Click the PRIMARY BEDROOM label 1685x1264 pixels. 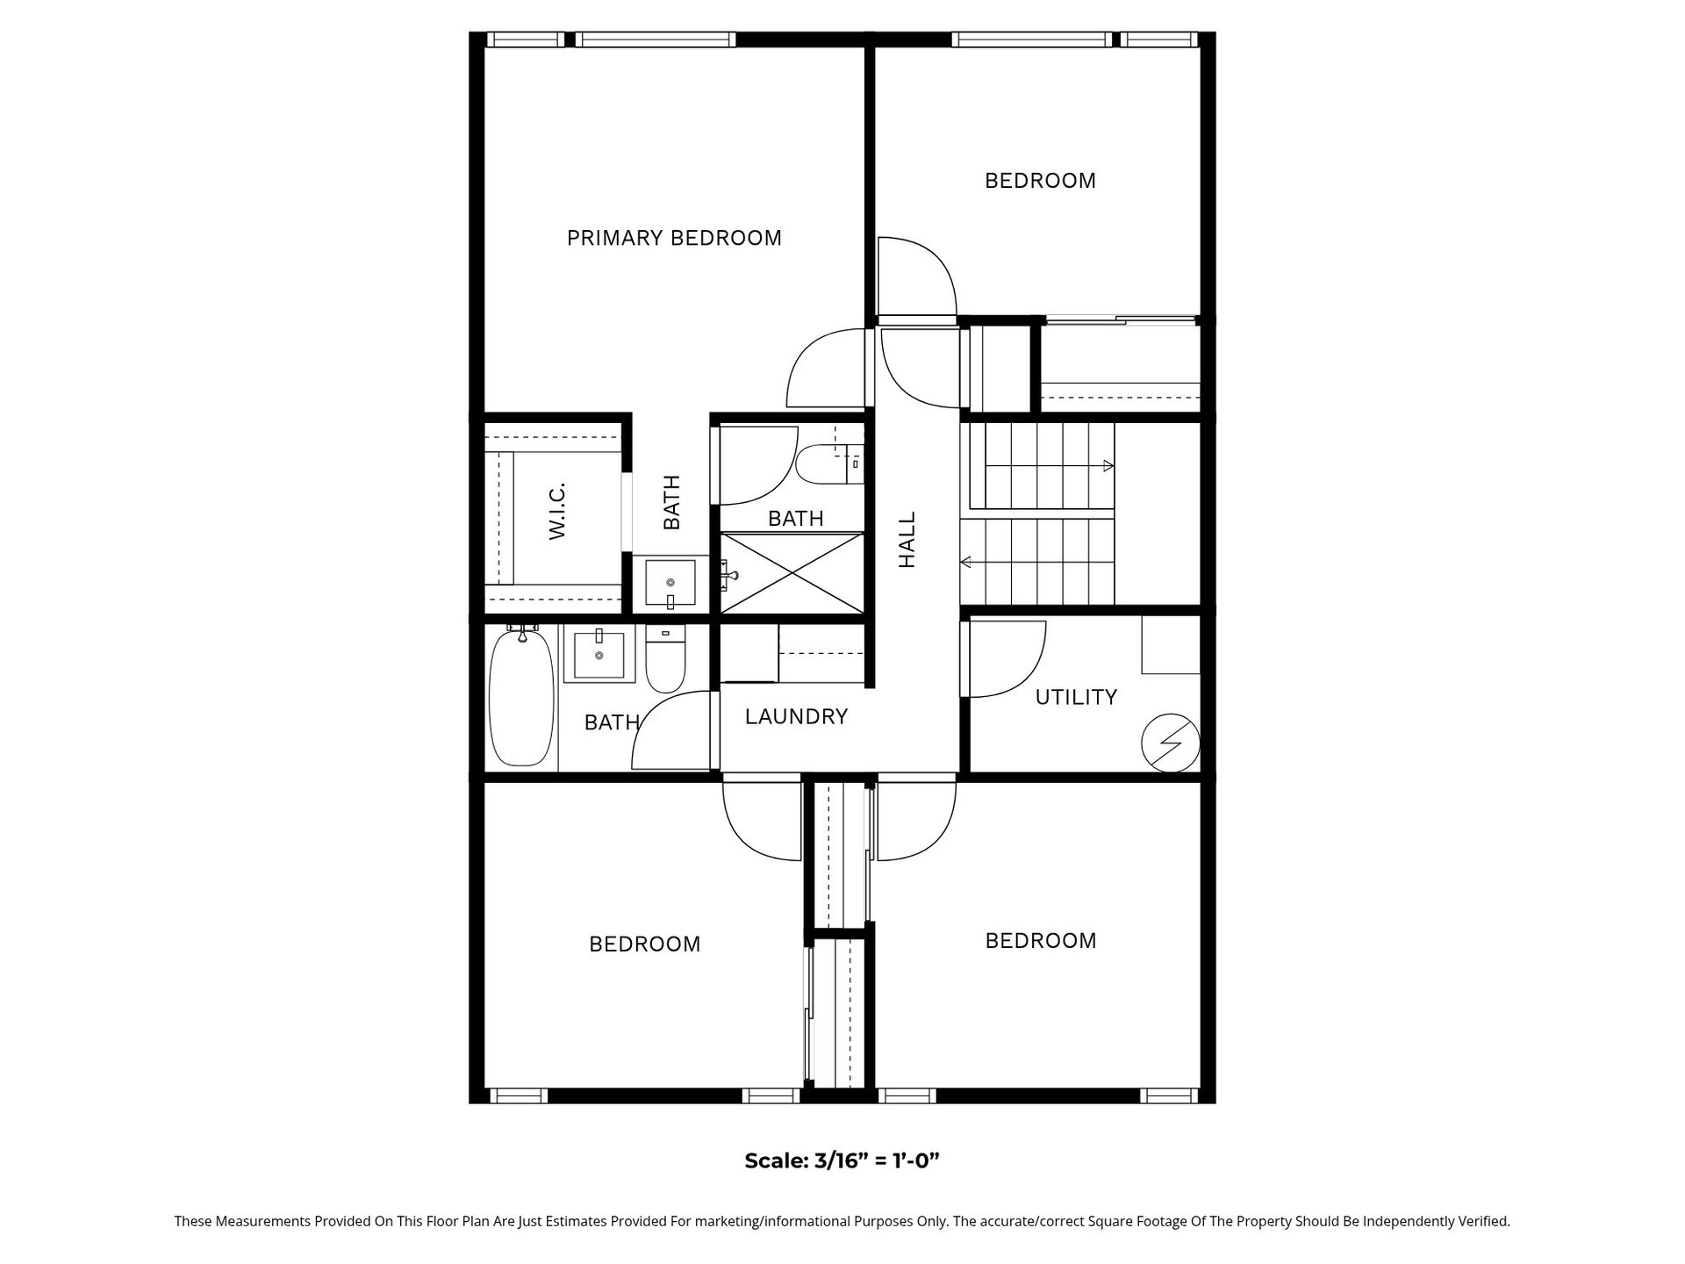coord(674,238)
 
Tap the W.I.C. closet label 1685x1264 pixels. coord(556,511)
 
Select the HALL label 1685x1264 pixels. coord(907,540)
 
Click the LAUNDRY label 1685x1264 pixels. coord(796,717)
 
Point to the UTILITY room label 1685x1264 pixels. coord(1076,697)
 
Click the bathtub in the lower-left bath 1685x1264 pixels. coord(521,697)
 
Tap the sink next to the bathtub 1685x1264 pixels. coord(599,656)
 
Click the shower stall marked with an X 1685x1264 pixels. coord(792,573)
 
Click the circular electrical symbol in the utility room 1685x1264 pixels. coord(1170,743)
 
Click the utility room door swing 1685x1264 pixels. coord(1007,659)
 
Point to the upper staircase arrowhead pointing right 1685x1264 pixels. coord(1109,465)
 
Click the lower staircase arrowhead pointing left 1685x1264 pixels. coord(966,562)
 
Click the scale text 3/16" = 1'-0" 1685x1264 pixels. coord(877,1160)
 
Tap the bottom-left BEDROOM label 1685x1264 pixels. coord(645,944)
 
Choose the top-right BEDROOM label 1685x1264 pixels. coord(1041,181)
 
